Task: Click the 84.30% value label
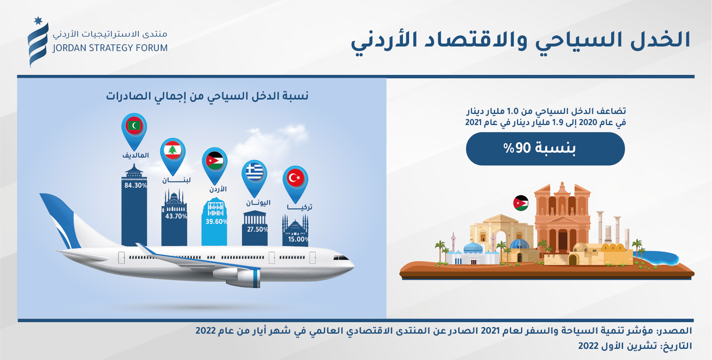(135, 186)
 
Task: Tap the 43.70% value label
(176, 216)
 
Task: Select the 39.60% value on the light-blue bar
(216, 222)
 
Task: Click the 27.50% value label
(258, 230)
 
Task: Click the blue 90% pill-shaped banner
(545, 149)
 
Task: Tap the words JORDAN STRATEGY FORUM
(110, 48)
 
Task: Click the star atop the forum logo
(38, 21)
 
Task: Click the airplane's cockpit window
(340, 258)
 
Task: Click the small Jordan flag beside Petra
(521, 203)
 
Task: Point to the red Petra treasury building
(563, 218)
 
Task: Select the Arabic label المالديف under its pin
(135, 155)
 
